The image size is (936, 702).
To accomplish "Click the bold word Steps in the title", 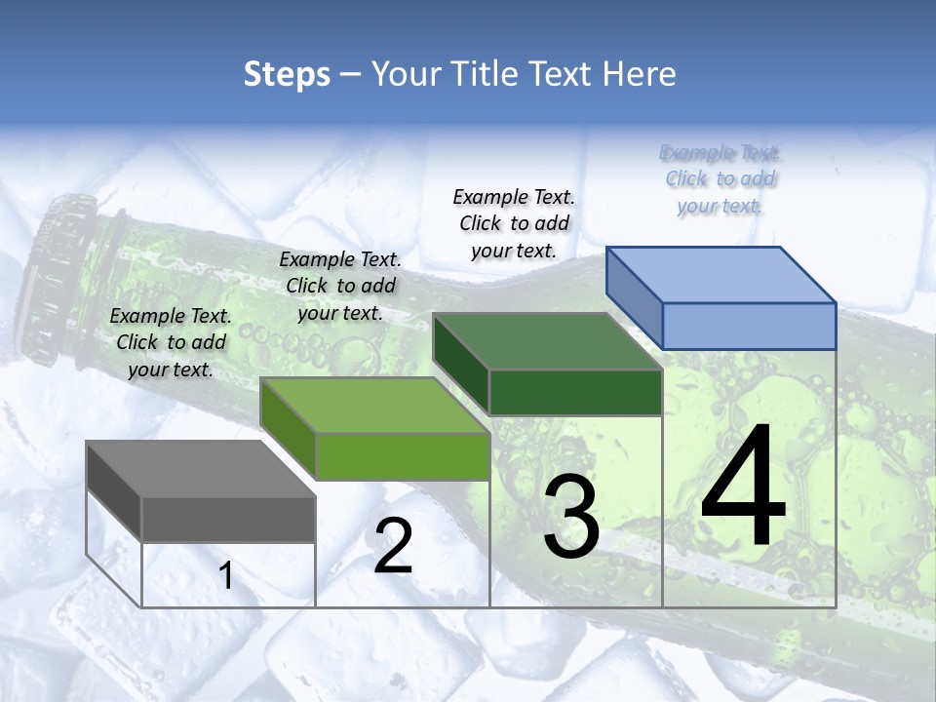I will [287, 74].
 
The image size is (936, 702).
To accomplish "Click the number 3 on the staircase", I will [570, 518].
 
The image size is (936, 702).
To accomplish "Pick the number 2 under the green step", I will [393, 546].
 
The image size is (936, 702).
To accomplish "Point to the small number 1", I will [226, 576].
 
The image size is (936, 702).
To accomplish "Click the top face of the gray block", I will [200, 469].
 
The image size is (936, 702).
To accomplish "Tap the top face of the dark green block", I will [547, 342].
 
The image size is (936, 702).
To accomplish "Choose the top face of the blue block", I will [721, 275].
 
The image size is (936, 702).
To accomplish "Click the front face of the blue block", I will [749, 326].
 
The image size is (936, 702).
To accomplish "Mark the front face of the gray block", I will [228, 519].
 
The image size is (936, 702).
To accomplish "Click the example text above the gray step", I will [171, 342].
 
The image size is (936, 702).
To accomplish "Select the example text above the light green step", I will [340, 286].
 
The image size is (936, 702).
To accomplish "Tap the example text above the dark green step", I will [514, 223].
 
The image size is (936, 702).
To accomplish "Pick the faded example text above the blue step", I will [721, 179].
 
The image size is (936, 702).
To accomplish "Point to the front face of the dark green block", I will [575, 392].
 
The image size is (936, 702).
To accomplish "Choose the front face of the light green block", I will [402, 456].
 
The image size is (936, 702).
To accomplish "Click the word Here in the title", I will [641, 74].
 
